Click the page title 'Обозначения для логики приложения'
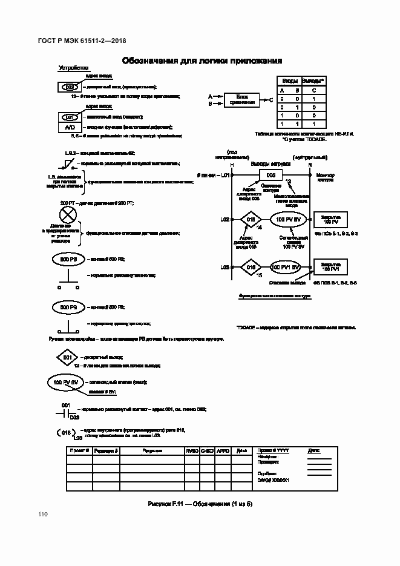(202, 61)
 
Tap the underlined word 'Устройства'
(73, 68)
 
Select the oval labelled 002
(69, 87)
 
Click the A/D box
(70, 127)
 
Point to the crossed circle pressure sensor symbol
(66, 215)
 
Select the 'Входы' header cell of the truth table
(289, 81)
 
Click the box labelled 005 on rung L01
(270, 176)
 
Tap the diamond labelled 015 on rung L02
(251, 219)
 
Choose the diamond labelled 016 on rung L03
(251, 267)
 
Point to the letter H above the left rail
(232, 165)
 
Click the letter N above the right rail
(310, 165)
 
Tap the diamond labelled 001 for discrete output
(67, 358)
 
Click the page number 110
(42, 515)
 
